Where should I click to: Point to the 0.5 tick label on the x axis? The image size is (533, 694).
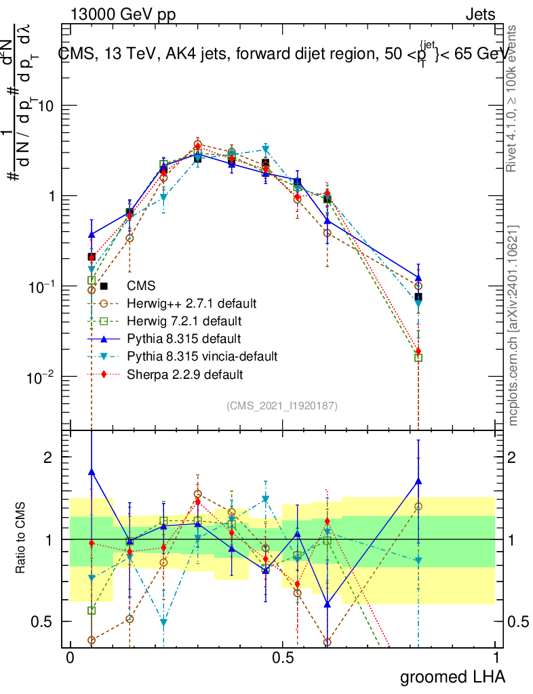tap(283, 658)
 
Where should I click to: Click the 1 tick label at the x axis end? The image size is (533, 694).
tap(496, 658)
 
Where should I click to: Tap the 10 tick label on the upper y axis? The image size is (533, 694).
tap(46, 106)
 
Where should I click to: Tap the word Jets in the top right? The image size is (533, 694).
tap(480, 14)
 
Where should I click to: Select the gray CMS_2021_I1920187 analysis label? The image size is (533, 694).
tap(282, 406)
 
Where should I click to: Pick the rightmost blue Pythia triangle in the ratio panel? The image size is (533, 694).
tap(418, 481)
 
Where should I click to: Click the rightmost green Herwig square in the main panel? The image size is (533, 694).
tap(418, 357)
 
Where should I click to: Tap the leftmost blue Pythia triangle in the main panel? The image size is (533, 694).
tap(92, 234)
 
